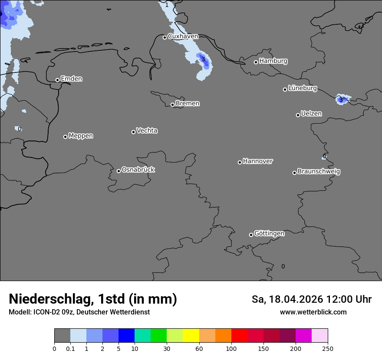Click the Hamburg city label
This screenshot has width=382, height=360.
[x=273, y=61]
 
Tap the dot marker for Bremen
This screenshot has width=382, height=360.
[x=172, y=105]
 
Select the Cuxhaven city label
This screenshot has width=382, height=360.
[x=183, y=36]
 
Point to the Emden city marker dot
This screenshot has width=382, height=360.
[x=57, y=80]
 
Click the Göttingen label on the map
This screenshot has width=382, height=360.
[x=269, y=233]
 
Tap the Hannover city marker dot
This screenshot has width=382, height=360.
[x=240, y=162]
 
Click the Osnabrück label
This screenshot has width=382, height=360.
[x=138, y=170]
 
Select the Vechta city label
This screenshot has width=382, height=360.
[x=147, y=131]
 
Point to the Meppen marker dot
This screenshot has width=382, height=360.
[x=65, y=137]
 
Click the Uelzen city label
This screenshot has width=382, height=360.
[x=311, y=114]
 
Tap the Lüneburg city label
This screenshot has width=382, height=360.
[x=302, y=88]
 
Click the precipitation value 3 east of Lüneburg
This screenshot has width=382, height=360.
[x=341, y=100]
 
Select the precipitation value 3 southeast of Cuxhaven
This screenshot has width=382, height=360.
[x=203, y=59]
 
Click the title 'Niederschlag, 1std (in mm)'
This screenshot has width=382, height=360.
[x=93, y=299]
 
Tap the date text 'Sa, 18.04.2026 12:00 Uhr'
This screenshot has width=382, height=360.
[x=311, y=299]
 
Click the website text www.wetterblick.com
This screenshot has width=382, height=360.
[x=313, y=312]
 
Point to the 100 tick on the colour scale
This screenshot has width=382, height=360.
[x=231, y=348]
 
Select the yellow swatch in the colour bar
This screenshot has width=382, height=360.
[x=191, y=336]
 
